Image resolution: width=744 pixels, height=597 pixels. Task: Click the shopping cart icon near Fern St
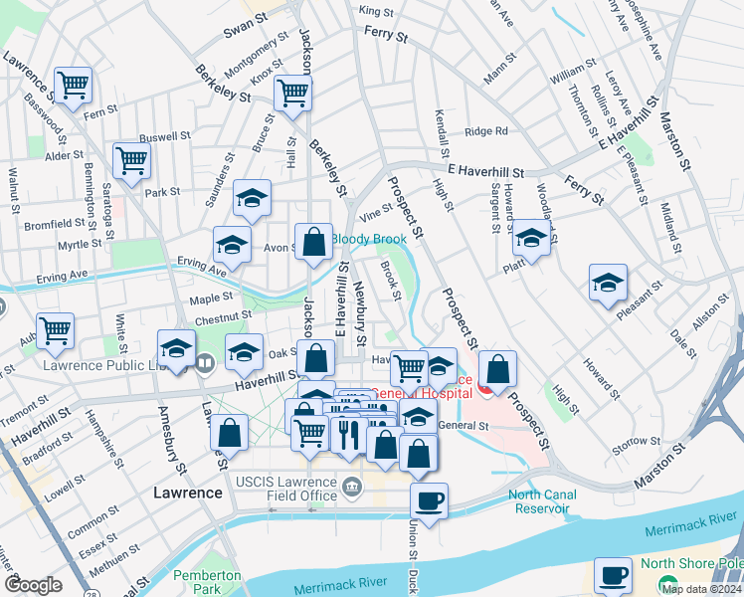pos(73,84)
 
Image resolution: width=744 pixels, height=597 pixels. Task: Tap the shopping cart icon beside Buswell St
pos(131,159)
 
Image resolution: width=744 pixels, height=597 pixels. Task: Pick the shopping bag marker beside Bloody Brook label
pos(313,242)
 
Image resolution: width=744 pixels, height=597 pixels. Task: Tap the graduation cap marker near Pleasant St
pos(608,282)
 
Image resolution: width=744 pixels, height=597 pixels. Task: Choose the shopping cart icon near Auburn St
pos(55,330)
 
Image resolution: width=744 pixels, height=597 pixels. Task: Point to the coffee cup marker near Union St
pos(429,499)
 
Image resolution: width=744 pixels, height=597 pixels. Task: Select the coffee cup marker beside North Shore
pos(613,574)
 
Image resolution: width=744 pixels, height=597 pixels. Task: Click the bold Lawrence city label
pos(187,493)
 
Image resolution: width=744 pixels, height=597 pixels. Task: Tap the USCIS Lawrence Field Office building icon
pos(351,487)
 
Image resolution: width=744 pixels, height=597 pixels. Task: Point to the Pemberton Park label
pos(206,582)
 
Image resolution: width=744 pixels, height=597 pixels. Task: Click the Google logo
pos(32,585)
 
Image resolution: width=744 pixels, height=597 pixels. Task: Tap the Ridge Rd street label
pos(486,130)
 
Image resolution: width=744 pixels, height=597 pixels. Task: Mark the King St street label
pos(378,11)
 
